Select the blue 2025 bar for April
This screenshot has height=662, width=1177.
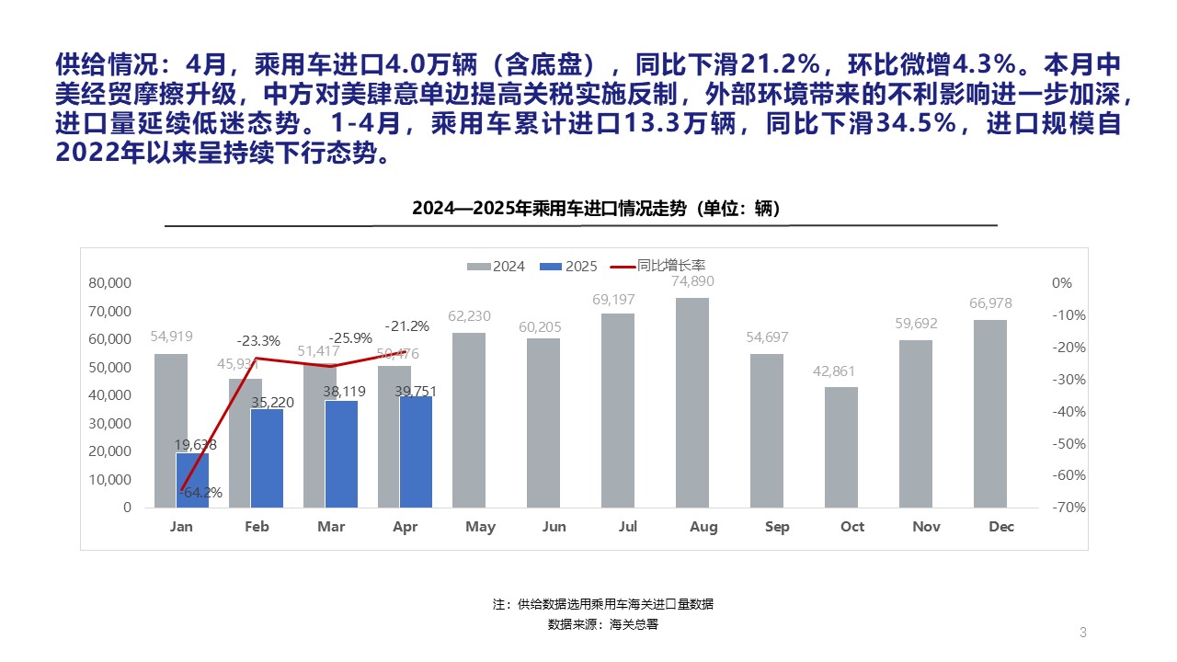coord(416,451)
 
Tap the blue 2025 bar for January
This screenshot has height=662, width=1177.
coord(192,480)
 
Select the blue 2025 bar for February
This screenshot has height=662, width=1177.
coord(267,458)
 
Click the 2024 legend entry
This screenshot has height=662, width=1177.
coord(497,267)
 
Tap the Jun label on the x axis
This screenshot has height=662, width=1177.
coord(554,527)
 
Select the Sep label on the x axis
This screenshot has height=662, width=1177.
coord(777,527)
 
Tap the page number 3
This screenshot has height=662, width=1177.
coord(1083,632)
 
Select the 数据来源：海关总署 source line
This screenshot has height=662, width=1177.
coord(603,624)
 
